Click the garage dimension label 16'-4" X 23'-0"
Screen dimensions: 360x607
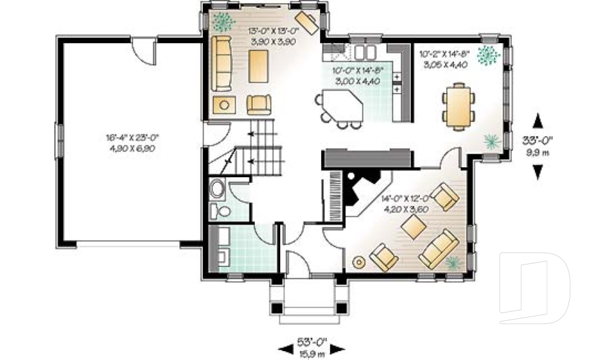click(x=132, y=137)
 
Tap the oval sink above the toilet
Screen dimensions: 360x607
click(x=217, y=189)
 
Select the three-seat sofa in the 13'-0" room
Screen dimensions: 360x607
click(x=221, y=62)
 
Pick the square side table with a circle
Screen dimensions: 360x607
click(x=223, y=105)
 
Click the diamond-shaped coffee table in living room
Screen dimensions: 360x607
click(x=414, y=225)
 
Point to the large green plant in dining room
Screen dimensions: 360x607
click(x=487, y=56)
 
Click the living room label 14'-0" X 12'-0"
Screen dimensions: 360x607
click(x=405, y=197)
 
